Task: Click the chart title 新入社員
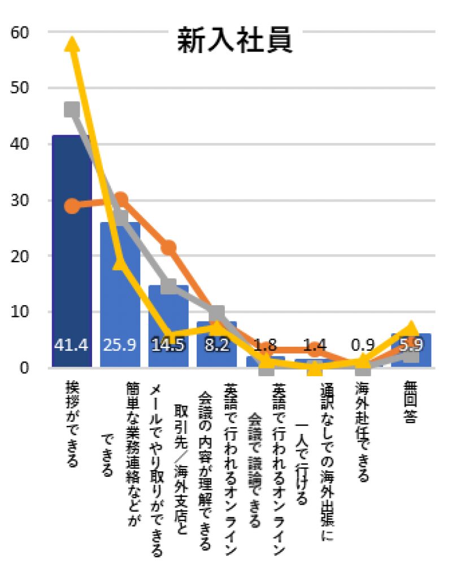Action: point(234,40)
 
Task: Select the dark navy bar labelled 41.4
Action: point(72,251)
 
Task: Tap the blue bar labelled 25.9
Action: point(120,294)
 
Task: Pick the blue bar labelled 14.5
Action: point(168,326)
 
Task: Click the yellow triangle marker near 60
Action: point(72,44)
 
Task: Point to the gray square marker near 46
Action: point(72,109)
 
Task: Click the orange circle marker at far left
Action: point(72,206)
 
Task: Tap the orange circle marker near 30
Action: point(120,200)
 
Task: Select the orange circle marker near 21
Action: point(169,248)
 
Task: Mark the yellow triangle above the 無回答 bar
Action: point(411,328)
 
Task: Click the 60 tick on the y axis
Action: point(20,32)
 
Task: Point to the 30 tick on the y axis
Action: point(20,200)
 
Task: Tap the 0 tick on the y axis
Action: point(24,368)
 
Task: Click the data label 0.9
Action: point(363,345)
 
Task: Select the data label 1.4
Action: point(314,345)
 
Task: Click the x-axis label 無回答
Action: point(410,402)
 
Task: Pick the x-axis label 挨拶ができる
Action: point(72,424)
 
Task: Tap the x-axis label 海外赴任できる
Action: point(362,432)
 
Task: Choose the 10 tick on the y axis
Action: point(20,312)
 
